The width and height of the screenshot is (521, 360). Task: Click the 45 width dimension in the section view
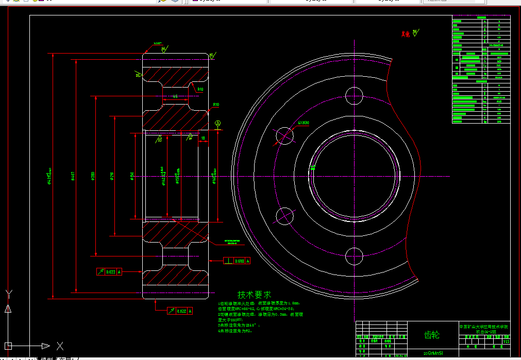tap(175, 96)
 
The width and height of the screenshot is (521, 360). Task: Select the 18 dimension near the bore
tap(204, 138)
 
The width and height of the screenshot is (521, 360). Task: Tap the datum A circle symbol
tap(218, 124)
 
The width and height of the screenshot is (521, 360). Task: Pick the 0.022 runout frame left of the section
tap(110, 271)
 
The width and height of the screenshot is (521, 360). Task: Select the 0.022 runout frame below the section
tap(180, 311)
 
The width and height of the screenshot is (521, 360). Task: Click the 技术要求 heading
tap(254, 295)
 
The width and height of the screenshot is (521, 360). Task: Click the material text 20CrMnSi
tap(433, 353)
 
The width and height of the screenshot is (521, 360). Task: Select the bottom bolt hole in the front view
tap(355, 256)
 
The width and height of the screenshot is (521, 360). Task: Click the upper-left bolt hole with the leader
tap(284, 135)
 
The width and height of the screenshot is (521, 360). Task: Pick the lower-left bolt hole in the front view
tap(284, 216)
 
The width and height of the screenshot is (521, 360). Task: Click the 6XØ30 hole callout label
tap(304, 123)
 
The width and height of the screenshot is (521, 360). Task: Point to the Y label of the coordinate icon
tap(8, 294)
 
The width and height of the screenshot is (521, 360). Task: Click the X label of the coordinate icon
tap(60, 346)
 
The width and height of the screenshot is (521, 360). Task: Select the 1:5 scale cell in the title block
tap(506, 341)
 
